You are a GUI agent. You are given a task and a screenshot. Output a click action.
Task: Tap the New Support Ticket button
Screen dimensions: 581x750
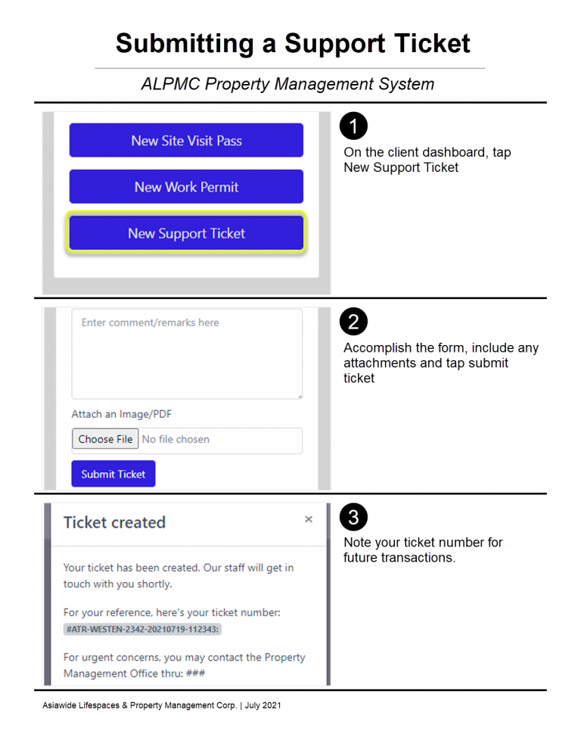tap(186, 233)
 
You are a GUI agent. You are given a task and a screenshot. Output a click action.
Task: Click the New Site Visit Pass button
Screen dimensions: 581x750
tap(186, 140)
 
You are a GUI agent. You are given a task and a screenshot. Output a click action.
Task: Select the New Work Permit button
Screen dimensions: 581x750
tap(186, 186)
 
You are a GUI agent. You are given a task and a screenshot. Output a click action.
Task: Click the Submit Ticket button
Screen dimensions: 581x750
tap(113, 474)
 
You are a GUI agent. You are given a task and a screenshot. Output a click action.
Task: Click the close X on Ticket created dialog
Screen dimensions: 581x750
tap(309, 519)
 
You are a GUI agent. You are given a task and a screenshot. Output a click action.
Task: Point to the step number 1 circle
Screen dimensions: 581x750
tap(353, 126)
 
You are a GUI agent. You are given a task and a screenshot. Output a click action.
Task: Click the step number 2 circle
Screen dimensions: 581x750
tap(353, 322)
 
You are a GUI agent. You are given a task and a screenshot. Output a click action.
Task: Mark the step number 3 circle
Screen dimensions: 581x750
tap(353, 517)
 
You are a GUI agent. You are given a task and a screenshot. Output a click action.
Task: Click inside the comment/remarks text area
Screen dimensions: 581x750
tap(187, 354)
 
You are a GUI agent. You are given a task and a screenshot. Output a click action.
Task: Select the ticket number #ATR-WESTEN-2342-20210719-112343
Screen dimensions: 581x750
tap(142, 629)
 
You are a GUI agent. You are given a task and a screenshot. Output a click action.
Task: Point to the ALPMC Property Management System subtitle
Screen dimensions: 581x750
tap(288, 84)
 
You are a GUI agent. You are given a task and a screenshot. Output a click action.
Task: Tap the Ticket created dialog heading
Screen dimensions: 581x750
tap(115, 522)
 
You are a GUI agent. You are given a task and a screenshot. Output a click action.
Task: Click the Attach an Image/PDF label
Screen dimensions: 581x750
tap(122, 414)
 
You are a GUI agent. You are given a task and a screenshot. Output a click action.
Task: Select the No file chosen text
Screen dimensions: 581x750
tap(176, 439)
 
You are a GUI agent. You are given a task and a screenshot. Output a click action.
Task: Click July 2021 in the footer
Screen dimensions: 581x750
tap(263, 705)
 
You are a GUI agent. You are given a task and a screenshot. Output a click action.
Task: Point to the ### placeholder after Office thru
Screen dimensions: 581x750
tap(196, 674)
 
